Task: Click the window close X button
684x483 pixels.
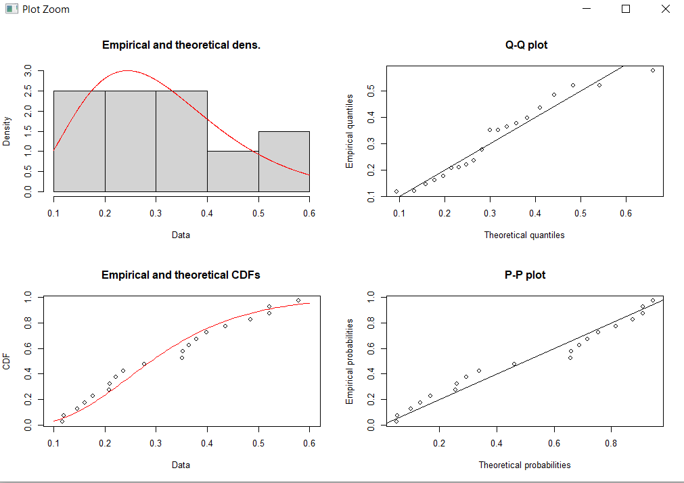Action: (665, 9)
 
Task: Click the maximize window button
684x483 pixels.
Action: (626, 9)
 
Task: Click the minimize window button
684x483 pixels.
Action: (587, 9)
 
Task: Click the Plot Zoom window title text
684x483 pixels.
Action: (45, 9)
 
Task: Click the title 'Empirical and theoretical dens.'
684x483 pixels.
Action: (181, 45)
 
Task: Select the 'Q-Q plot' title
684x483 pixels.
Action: (526, 45)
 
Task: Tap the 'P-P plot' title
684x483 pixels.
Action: (526, 275)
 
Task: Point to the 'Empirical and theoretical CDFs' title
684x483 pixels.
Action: (181, 275)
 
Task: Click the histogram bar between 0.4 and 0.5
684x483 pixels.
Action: (233, 172)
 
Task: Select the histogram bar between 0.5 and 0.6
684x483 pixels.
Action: (283, 162)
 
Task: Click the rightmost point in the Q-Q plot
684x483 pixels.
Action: (653, 70)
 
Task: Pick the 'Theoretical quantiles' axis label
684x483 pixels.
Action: (524, 235)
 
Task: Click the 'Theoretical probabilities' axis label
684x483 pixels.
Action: (524, 465)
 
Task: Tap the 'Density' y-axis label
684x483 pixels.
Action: (7, 131)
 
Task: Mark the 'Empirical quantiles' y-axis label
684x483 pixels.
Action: (350, 131)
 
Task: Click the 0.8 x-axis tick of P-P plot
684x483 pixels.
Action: (611, 444)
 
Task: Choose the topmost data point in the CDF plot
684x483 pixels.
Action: (298, 300)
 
